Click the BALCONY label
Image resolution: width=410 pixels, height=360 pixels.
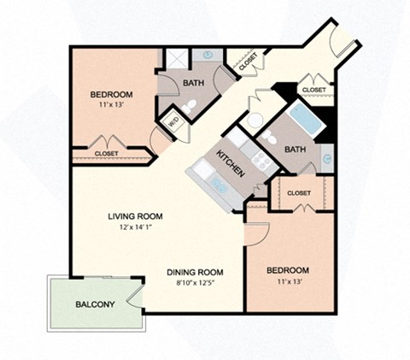pos(96,304)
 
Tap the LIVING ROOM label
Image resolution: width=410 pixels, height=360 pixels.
pos(135,216)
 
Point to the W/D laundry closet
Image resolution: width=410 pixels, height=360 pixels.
pos(171,120)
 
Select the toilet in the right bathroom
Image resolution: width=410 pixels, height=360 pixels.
pos(269,136)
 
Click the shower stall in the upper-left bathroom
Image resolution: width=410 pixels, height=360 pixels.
pos(177,58)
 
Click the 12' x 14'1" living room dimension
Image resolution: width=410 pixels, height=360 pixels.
pos(135,227)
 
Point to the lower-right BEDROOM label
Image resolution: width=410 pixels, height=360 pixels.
pos(286,270)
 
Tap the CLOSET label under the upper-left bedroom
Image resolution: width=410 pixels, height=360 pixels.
pos(107,154)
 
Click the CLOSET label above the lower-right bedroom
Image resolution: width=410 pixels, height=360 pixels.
pos(298,193)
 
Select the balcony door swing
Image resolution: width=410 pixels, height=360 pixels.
pos(134,293)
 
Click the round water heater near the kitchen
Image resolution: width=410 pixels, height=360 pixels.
pos(255,120)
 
